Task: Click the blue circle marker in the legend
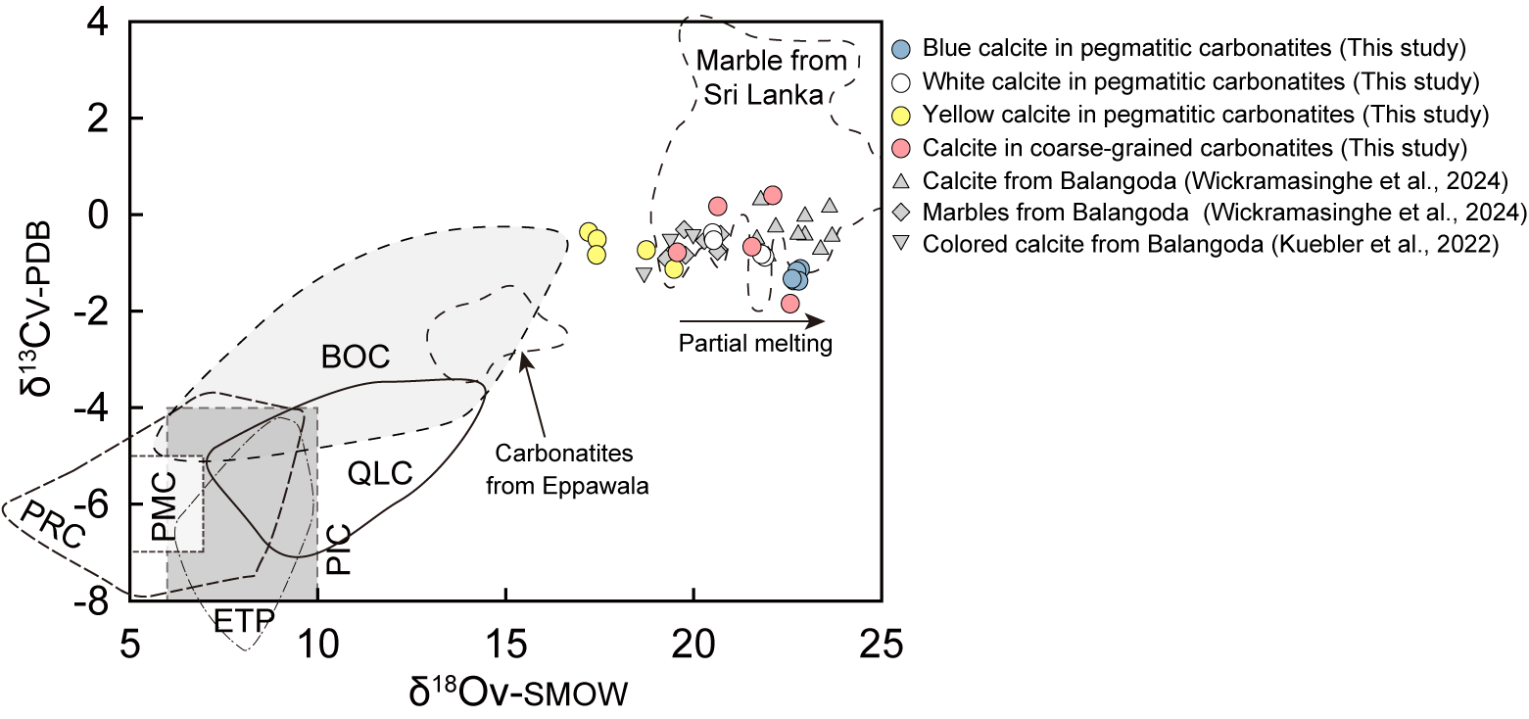[903, 48]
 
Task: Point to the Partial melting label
[755, 344]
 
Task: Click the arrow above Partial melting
[751, 319]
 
